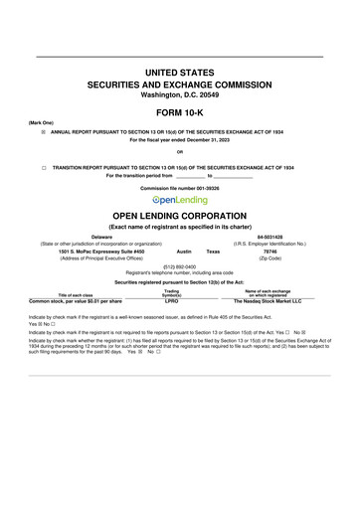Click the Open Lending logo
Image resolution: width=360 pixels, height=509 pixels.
pyautogui.click(x=180, y=200)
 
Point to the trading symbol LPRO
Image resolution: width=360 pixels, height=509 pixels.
pyautogui.click(x=171, y=271)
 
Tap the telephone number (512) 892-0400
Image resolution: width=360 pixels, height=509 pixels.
pyautogui.click(x=179, y=265)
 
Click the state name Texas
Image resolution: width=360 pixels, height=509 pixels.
pyautogui.click(x=212, y=252)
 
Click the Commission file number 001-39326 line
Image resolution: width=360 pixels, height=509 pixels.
pyautogui.click(x=179, y=188)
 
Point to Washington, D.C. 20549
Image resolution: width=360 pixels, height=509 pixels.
pyautogui.click(x=179, y=94)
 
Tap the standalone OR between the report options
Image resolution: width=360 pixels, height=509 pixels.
pyautogui.click(x=179, y=151)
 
